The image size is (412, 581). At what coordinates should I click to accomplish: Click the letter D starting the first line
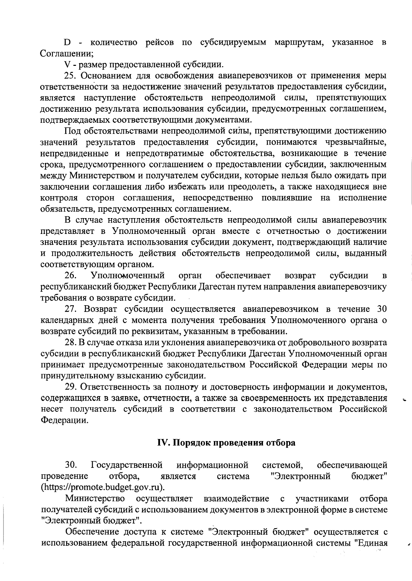coord(67,43)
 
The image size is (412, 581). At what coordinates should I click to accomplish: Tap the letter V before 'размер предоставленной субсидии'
coord(67,64)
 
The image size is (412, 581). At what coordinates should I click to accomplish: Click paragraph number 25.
coord(70,75)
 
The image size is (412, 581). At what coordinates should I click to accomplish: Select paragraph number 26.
coord(70,275)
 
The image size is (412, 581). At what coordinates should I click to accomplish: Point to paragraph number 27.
coord(70,309)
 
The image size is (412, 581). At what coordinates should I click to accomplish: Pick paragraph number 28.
coord(70,343)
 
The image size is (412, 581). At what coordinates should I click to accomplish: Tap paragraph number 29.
coord(70,387)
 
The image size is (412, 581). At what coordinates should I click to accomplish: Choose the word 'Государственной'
coord(127,465)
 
